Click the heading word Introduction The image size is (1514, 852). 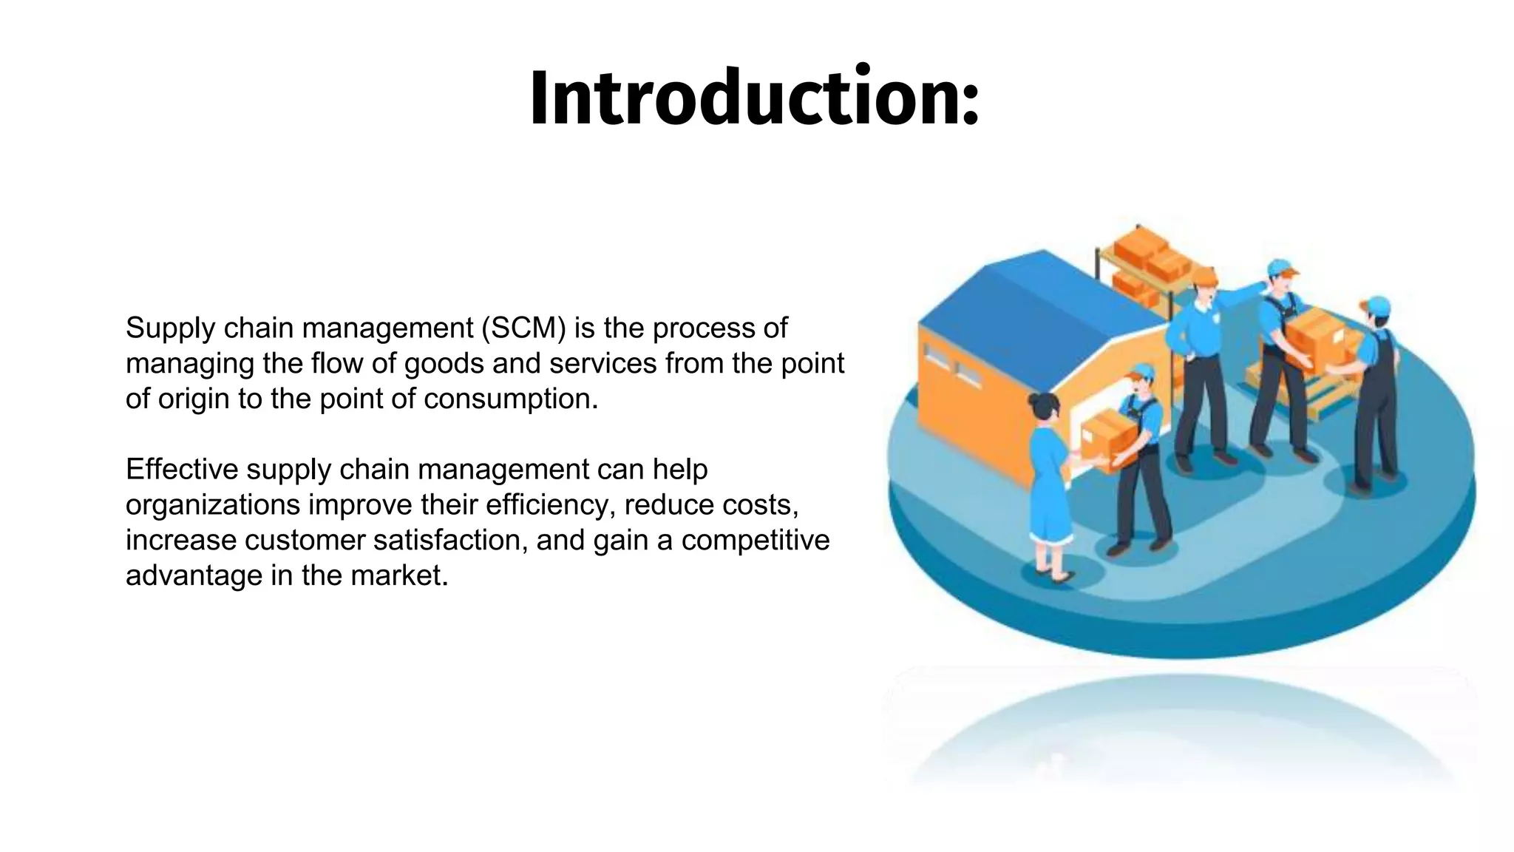743,98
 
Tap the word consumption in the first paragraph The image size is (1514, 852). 510,399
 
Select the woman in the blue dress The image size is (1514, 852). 1048,481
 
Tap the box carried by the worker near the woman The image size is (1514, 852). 1107,436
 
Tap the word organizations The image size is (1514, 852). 213,505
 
